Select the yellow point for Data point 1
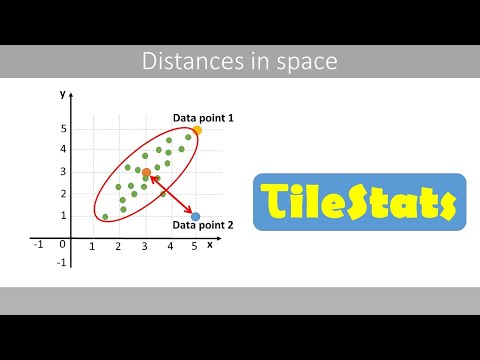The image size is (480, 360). pyautogui.click(x=197, y=130)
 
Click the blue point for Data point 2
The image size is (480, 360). pyautogui.click(x=195, y=216)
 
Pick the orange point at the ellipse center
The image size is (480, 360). pyautogui.click(x=146, y=173)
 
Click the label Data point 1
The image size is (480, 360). pyautogui.click(x=203, y=118)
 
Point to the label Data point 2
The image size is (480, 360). pyautogui.click(x=203, y=226)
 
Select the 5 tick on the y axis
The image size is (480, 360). pyautogui.click(x=62, y=129)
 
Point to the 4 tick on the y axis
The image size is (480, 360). pyautogui.click(x=62, y=150)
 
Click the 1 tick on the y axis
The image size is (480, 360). pyautogui.click(x=62, y=216)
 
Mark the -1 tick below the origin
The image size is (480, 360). pyautogui.click(x=61, y=262)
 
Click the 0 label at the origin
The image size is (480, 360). pyautogui.click(x=62, y=243)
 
